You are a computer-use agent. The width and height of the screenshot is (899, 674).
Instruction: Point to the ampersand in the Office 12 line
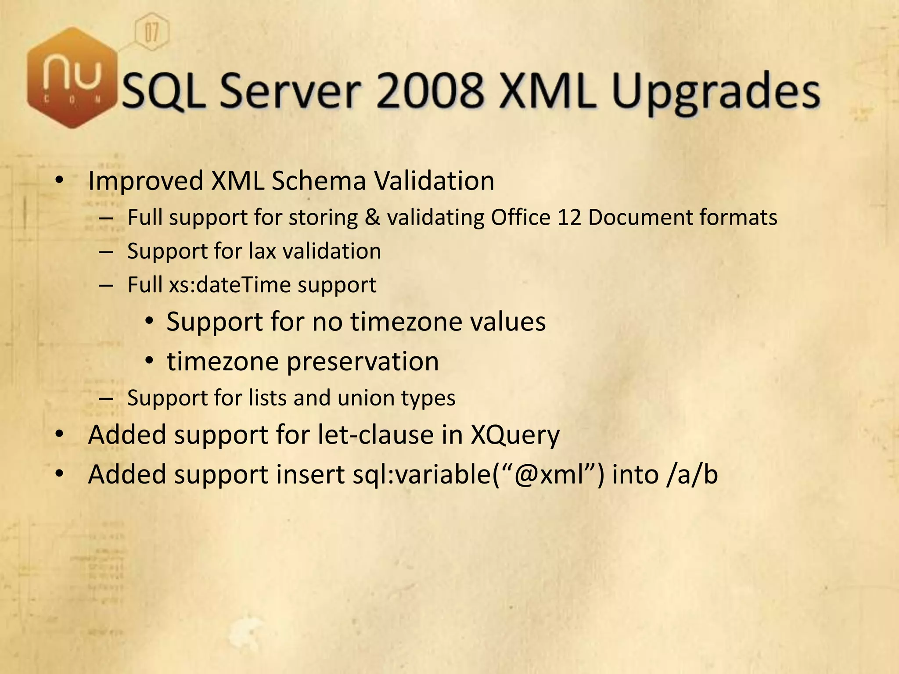click(372, 217)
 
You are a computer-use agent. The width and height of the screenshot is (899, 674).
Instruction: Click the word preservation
click(363, 361)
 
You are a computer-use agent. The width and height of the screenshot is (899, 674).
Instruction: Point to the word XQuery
click(515, 436)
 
